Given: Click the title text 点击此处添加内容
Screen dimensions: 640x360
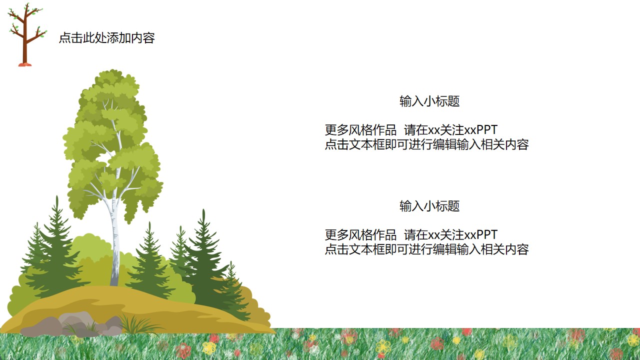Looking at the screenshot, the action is (x=107, y=38).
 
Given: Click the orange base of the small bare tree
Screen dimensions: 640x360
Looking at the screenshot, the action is (x=25, y=64).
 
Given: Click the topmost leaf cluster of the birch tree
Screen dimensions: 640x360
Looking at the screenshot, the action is (x=113, y=76).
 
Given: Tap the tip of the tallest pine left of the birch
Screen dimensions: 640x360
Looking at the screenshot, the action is (x=57, y=196).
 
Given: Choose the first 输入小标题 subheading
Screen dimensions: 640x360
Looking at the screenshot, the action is (x=429, y=101).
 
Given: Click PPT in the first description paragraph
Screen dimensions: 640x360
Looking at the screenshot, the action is (x=487, y=130).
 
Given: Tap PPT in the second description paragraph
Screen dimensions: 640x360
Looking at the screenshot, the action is (x=487, y=235).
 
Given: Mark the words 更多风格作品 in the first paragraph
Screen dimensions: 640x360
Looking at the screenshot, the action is (x=360, y=130).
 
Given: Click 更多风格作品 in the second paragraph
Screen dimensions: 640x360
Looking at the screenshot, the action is (x=360, y=235).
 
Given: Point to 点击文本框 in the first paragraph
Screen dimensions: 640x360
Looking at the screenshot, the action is (x=354, y=144).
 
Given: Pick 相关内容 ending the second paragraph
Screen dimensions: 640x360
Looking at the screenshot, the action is (x=505, y=249).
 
